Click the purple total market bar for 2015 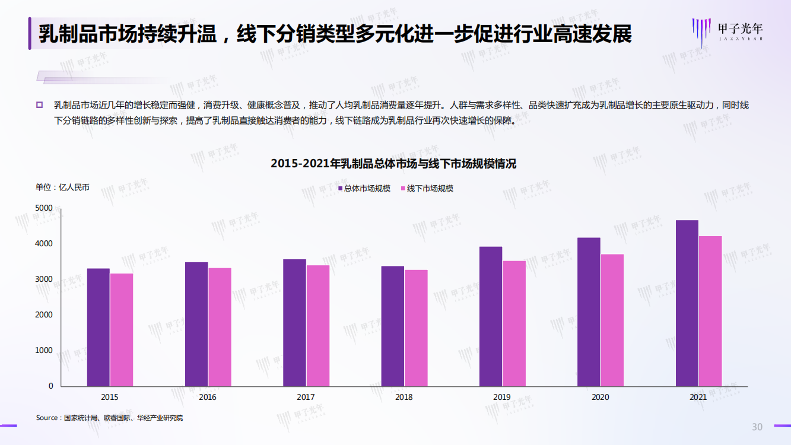tap(98, 328)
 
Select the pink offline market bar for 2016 tap(220, 327)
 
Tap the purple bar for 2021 tap(687, 303)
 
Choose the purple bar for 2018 tap(392, 326)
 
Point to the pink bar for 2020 tap(612, 320)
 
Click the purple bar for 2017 tap(294, 323)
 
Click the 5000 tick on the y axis tap(45, 208)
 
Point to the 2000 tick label tap(45, 315)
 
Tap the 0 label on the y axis tap(50, 386)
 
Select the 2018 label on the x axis tap(404, 397)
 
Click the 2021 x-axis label tap(698, 397)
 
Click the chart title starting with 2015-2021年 tap(393, 164)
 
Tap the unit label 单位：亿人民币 tap(62, 187)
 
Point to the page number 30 tap(757, 427)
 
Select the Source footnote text tap(109, 418)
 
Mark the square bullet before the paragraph tap(40, 105)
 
